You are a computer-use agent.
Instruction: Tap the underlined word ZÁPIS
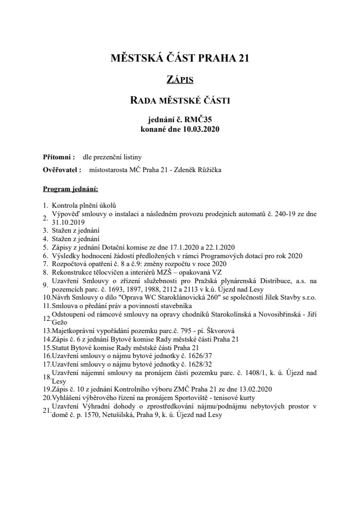point(179,80)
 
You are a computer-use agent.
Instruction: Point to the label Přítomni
point(58,157)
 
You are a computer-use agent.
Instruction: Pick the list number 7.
point(46,263)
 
